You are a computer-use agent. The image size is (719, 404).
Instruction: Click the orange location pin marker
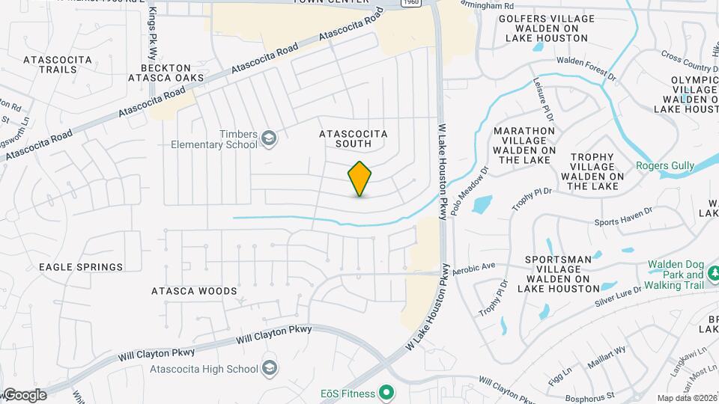pos(360,179)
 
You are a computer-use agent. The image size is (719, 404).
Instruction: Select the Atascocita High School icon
pos(270,368)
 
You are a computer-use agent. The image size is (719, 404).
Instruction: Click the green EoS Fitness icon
pos(386,391)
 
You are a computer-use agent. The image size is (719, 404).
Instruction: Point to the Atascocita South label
pos(354,138)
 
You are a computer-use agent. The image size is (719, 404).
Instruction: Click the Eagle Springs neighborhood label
pos(81,267)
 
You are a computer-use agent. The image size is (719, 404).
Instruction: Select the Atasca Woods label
pos(194,291)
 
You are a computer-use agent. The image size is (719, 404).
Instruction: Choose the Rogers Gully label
pos(665,166)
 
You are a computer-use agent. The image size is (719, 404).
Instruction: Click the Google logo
pos(25,395)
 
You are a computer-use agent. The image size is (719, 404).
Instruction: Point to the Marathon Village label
pos(524,145)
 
